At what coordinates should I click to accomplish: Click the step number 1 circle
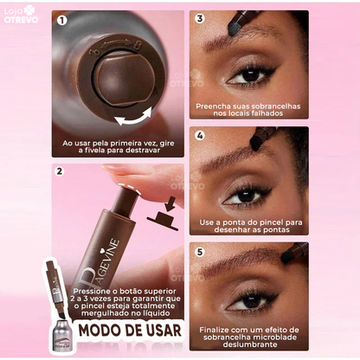62,19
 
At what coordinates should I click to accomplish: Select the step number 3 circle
200,17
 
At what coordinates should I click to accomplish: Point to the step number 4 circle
200,135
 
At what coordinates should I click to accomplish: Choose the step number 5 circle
200,254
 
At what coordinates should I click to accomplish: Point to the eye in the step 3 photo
252,75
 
